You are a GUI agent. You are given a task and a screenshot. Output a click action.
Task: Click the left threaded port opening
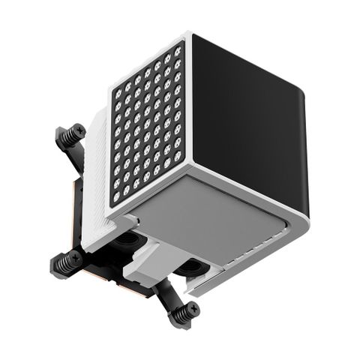(x=129, y=241)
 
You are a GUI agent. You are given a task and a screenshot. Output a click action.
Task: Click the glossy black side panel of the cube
(x=247, y=112)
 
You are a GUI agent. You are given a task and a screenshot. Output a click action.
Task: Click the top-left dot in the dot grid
(x=118, y=94)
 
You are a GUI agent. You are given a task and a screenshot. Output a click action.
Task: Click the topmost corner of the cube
(x=190, y=34)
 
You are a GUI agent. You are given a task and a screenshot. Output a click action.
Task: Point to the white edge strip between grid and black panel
(x=187, y=105)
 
